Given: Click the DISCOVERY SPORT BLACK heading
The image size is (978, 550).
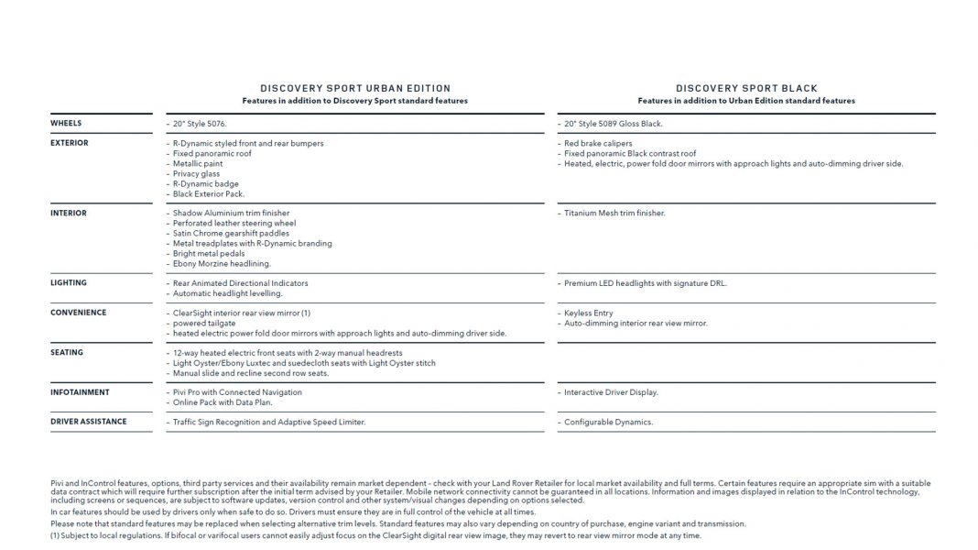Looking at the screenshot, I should click(x=746, y=89).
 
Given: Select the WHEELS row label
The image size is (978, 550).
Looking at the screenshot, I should click(x=66, y=123).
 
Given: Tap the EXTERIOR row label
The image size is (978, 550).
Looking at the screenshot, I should click(x=70, y=143).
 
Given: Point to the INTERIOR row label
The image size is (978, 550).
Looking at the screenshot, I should click(x=69, y=213).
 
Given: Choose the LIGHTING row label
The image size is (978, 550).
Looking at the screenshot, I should click(x=69, y=283).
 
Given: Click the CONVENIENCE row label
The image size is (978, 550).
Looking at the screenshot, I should click(x=78, y=313).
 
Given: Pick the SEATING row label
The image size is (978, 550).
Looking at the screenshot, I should click(x=67, y=352).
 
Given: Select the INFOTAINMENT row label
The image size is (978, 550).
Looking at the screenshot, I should click(x=80, y=392).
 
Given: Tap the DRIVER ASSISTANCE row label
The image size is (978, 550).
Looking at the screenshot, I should click(x=89, y=422).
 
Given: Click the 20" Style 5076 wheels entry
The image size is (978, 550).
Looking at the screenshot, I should click(x=200, y=124).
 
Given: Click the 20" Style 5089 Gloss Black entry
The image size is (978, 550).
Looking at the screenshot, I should click(x=613, y=124).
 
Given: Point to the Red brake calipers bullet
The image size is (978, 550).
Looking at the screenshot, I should click(x=598, y=144).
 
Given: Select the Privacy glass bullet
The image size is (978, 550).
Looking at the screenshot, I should click(x=196, y=174).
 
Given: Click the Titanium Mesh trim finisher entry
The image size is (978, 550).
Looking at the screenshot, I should click(x=614, y=214).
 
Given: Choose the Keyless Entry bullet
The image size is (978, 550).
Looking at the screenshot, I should click(x=589, y=313).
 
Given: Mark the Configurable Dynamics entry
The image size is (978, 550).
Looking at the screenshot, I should click(x=608, y=423).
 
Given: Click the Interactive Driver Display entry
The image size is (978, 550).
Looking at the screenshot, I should click(x=611, y=392).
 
